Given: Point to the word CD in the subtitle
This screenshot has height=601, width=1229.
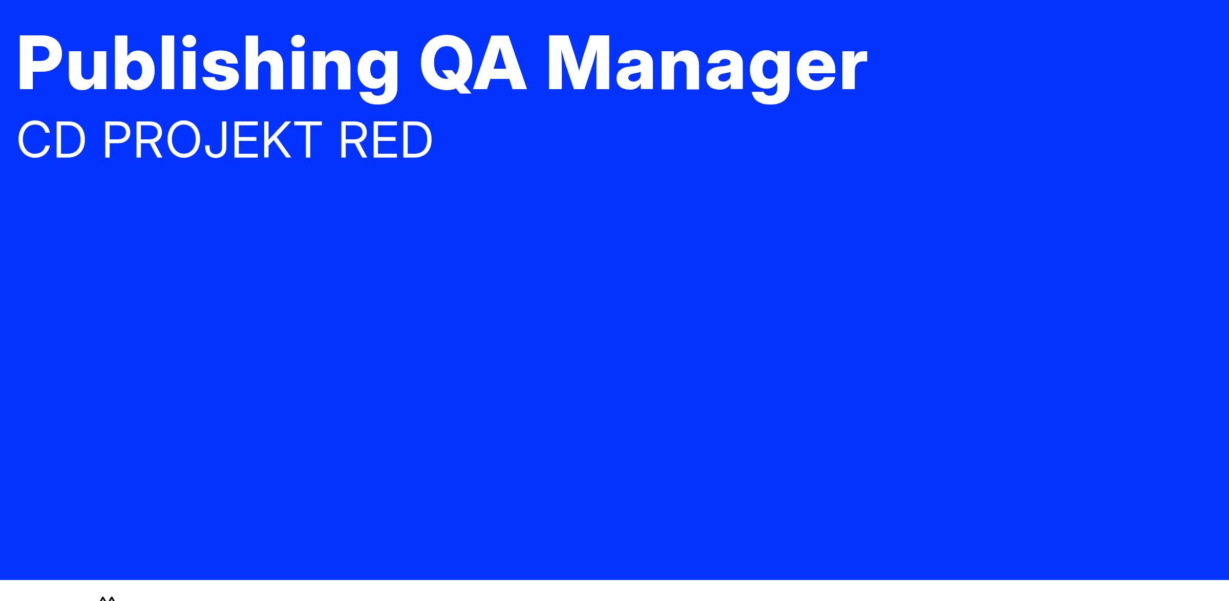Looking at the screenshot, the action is (51, 140).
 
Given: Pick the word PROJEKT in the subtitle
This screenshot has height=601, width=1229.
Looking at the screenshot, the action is (212, 140).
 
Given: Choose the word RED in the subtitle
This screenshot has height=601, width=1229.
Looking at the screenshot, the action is (385, 140).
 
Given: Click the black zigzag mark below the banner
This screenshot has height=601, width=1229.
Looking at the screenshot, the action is (108, 598).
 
